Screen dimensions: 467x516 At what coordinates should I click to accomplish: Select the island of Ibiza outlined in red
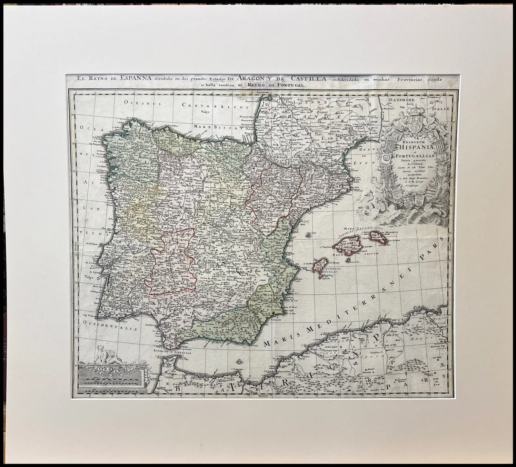322,267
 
